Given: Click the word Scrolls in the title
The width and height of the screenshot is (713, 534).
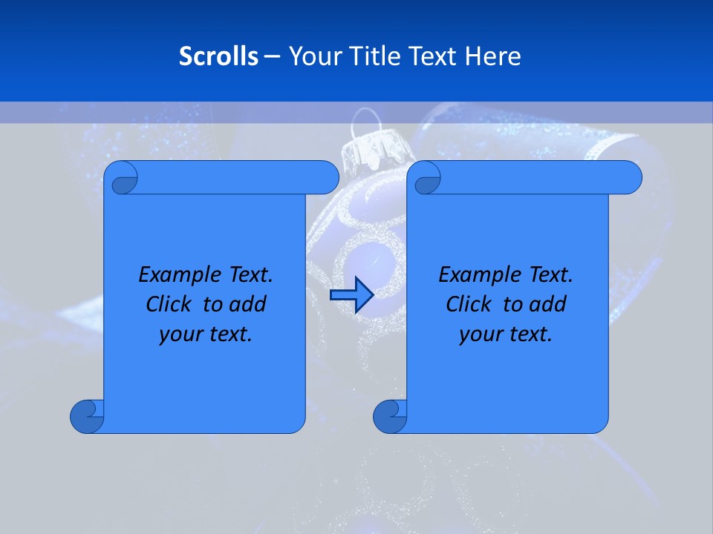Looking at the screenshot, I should pyautogui.click(x=218, y=56).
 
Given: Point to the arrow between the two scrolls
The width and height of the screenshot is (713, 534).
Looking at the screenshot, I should pyautogui.click(x=351, y=295).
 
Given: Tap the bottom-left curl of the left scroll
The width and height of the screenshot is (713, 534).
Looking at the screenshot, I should pyautogui.click(x=86, y=416).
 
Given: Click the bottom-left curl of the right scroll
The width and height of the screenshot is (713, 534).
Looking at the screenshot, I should pyautogui.click(x=389, y=416).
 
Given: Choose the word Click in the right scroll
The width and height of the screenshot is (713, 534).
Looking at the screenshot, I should pyautogui.click(x=469, y=305).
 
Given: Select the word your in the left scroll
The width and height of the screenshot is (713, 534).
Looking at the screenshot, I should pyautogui.click(x=179, y=334).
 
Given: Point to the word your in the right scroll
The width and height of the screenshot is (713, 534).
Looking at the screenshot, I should pyautogui.click(x=480, y=334).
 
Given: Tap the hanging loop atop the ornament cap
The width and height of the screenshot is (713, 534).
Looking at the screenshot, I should pyautogui.click(x=365, y=119).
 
